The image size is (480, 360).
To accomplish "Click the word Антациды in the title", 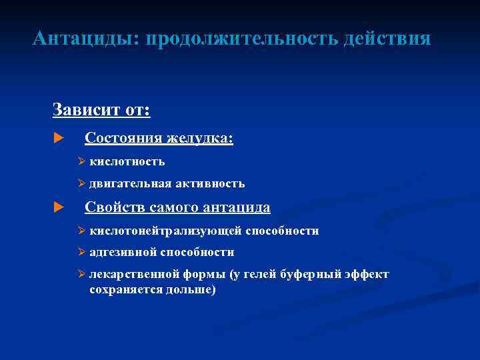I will coord(82,39).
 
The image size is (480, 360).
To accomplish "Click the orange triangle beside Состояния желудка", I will coord(57,139).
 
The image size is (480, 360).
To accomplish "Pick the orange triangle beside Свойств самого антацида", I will coord(57,208).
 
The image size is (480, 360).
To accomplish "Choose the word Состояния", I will coord(123,138).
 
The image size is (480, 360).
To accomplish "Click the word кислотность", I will coord(127,161).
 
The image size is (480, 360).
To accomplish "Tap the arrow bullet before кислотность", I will coord(81,161).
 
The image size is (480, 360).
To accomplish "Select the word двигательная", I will coord(130,183).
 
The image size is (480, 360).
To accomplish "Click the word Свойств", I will coord(115,207).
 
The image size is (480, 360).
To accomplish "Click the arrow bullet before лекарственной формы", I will coord(81,274).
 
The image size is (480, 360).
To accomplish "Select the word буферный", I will coord(313,274).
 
